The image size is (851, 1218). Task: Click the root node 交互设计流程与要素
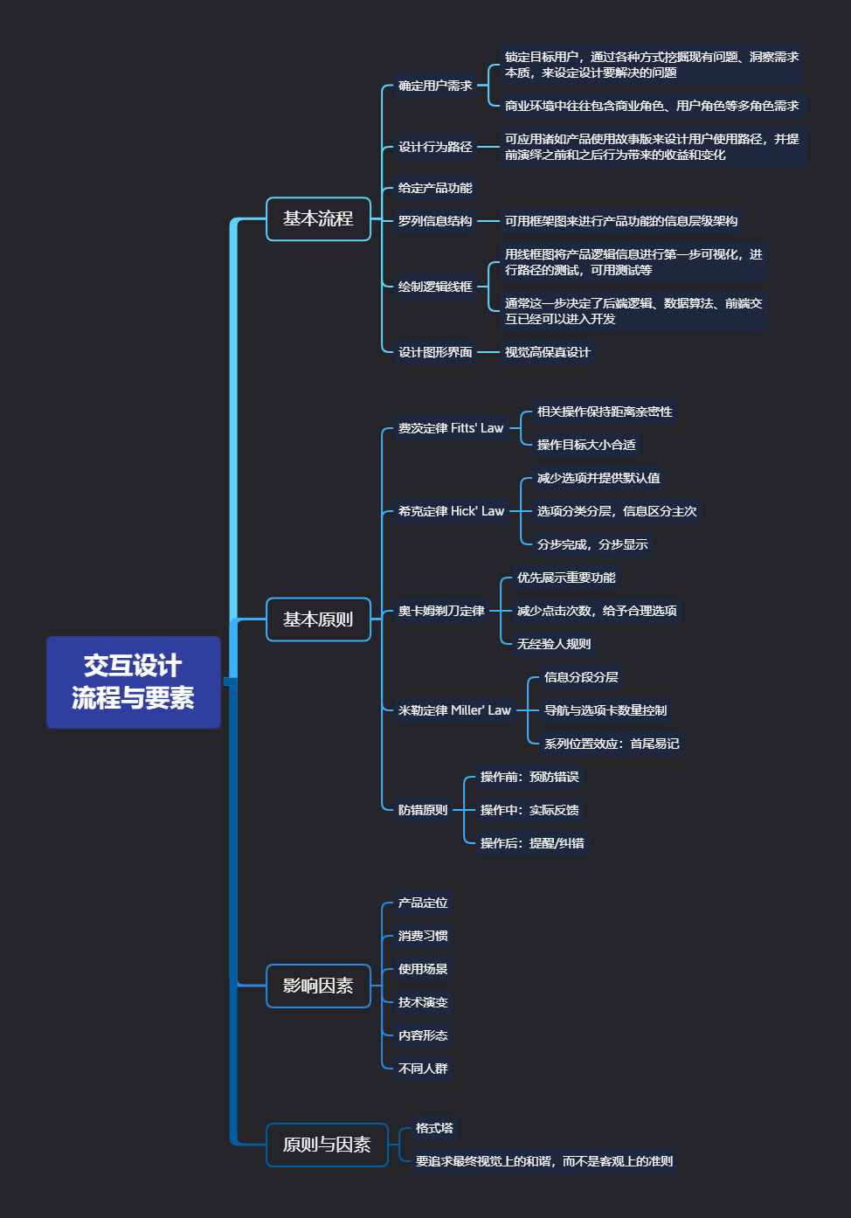[133, 682]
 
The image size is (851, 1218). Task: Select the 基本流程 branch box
[318, 218]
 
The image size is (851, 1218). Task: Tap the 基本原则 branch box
[318, 619]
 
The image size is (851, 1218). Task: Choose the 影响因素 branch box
[318, 986]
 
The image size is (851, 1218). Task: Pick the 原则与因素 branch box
[327, 1145]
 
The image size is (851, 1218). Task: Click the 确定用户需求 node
[435, 86]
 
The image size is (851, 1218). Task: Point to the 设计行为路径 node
[435, 147]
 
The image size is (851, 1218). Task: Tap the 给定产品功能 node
[435, 188]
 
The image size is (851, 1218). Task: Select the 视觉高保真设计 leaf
[548, 352]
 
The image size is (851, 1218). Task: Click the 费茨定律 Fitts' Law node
[451, 428]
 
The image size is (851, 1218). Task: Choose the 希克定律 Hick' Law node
[451, 511]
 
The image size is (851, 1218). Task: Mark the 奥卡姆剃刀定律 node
[441, 611]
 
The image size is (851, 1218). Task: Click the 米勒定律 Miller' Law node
[454, 710]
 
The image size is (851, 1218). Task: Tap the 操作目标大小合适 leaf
[586, 445]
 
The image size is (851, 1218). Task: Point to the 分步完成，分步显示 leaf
[592, 544]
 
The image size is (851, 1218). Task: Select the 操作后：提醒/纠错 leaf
[532, 843]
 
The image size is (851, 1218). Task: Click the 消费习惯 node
[423, 936]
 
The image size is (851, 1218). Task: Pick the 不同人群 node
[423, 1069]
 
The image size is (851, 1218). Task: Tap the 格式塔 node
[434, 1128]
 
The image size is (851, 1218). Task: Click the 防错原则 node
[423, 810]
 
